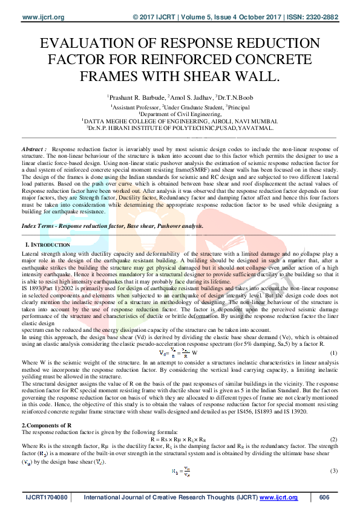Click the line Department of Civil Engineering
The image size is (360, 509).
pyautogui.click(x=180, y=113)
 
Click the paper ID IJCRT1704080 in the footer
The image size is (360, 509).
pyautogui.click(x=47, y=498)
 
